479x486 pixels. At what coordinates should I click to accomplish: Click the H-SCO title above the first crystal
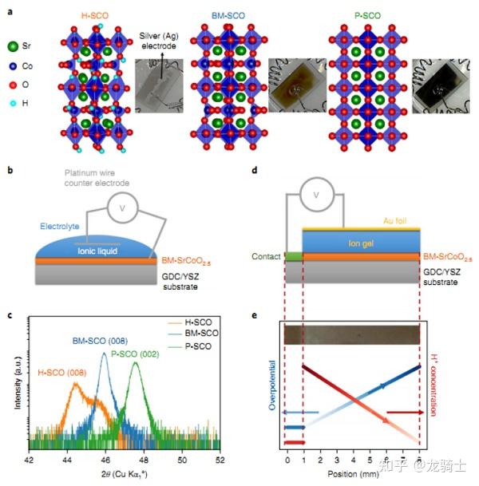click(x=95, y=15)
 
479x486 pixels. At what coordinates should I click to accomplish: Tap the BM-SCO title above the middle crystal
click(x=228, y=15)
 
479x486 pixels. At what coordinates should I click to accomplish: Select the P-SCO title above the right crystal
click(x=368, y=15)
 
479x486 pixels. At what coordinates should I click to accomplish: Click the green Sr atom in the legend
click(x=13, y=46)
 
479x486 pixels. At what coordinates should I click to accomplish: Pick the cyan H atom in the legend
click(x=13, y=103)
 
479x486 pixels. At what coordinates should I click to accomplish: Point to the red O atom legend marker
click(x=13, y=85)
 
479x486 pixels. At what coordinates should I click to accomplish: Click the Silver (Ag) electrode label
click(x=159, y=41)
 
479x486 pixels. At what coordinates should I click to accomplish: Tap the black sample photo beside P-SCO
click(x=441, y=86)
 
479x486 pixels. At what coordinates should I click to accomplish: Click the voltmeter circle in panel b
click(x=122, y=207)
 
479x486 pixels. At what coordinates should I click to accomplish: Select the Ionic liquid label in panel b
click(x=97, y=251)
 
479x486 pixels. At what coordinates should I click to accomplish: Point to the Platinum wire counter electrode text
click(x=97, y=178)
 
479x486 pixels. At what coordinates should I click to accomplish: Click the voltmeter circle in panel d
click(x=317, y=195)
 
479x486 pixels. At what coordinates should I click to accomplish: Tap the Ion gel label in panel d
click(x=361, y=243)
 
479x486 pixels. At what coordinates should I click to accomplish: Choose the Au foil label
click(x=394, y=221)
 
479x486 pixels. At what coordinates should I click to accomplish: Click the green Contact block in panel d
click(x=294, y=256)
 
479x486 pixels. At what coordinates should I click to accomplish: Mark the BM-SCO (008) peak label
click(x=100, y=341)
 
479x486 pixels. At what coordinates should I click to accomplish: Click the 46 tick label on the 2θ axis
click(x=105, y=460)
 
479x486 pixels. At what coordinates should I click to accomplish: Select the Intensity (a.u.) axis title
click(x=18, y=382)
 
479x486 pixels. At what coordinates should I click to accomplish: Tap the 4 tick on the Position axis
click(x=354, y=460)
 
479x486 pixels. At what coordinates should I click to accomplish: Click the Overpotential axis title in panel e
click(x=272, y=385)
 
